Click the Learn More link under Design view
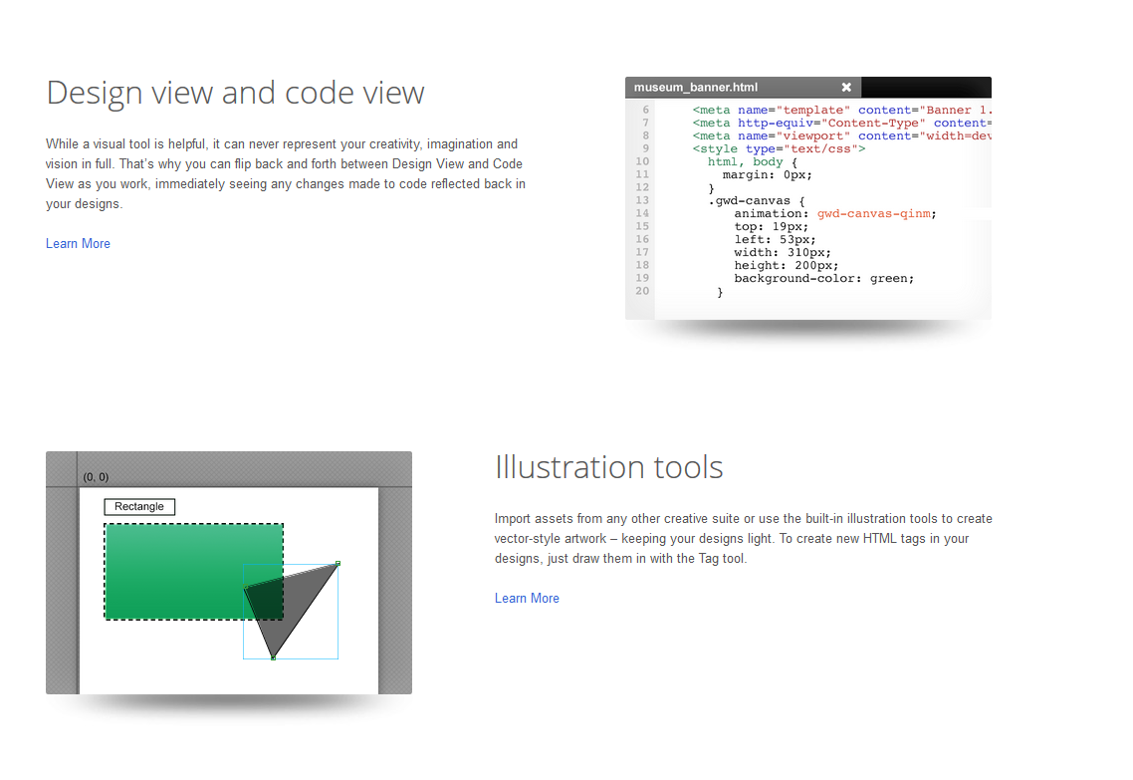click(78, 244)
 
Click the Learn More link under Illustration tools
click(527, 598)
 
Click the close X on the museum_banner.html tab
click(846, 88)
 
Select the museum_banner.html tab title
click(696, 88)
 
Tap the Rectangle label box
click(139, 507)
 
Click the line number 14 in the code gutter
click(642, 213)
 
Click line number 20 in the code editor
click(642, 291)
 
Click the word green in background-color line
click(889, 278)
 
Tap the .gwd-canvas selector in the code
click(750, 201)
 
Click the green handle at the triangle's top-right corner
click(338, 563)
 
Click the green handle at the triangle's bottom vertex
click(273, 657)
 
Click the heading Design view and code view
click(236, 94)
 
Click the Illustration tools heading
click(609, 467)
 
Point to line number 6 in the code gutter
click(646, 110)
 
